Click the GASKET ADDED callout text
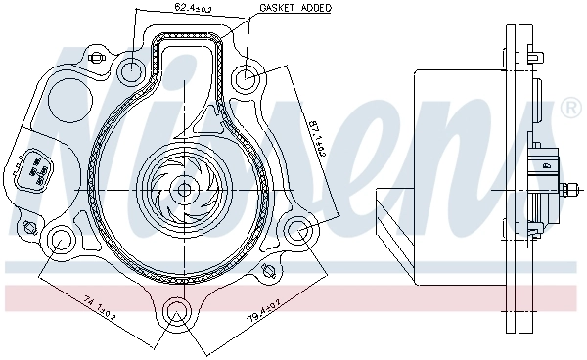(x=294, y=8)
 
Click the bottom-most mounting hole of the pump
(x=177, y=312)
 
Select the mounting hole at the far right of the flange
(x=299, y=231)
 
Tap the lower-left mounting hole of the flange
(x=61, y=237)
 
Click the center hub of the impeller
(x=182, y=188)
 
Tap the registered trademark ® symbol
(x=570, y=109)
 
